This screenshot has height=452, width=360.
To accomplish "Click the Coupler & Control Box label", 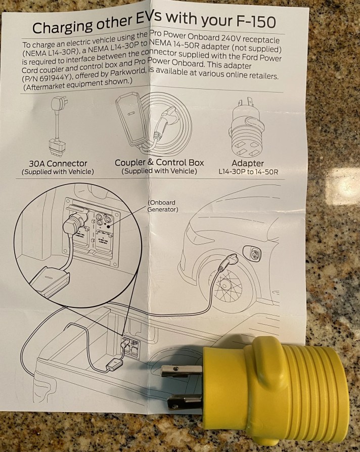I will coord(159,162).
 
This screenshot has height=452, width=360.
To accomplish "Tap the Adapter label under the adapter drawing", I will coord(247,163).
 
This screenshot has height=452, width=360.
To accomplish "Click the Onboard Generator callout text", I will coord(162,206).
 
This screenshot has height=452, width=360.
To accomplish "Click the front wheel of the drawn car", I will coord(230,288).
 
